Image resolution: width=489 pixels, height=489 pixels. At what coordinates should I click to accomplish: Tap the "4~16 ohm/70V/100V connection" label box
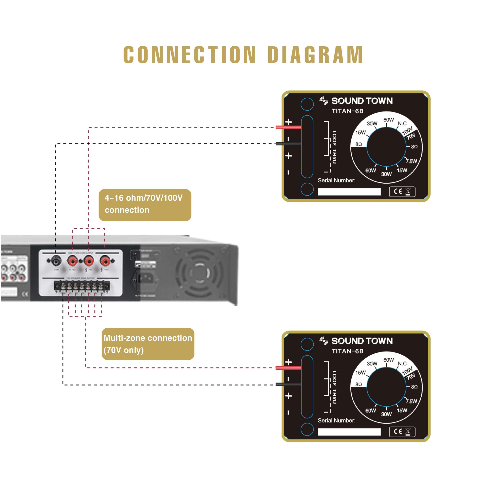tap(145, 205)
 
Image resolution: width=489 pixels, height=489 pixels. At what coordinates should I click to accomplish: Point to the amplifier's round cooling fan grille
tap(199, 273)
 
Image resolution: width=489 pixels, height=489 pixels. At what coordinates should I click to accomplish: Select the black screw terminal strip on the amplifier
tap(82, 287)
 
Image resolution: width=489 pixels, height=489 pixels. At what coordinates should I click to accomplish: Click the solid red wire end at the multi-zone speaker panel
tap(288, 368)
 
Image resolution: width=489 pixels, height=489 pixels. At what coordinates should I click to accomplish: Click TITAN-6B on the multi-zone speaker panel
tap(347, 351)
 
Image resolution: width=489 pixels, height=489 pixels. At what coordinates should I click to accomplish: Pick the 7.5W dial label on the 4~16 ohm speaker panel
tap(411, 161)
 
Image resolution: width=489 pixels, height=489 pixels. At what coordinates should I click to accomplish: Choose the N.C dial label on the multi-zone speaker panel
tap(402, 364)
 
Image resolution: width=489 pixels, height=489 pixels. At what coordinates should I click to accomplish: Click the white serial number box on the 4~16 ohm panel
tap(349, 192)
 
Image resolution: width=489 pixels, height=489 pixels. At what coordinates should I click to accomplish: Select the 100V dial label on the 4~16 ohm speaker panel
tap(407, 131)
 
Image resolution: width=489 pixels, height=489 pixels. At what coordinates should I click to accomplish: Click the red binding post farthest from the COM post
tap(105, 260)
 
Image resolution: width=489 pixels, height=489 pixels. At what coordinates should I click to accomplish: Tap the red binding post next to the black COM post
tap(72, 260)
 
